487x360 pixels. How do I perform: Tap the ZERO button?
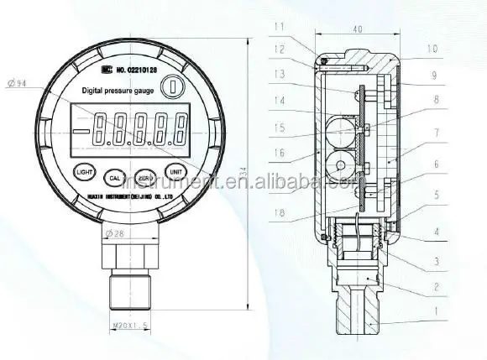tap(145, 177)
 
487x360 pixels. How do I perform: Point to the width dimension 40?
tap(358, 29)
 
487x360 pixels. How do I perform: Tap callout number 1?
tap(435, 313)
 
